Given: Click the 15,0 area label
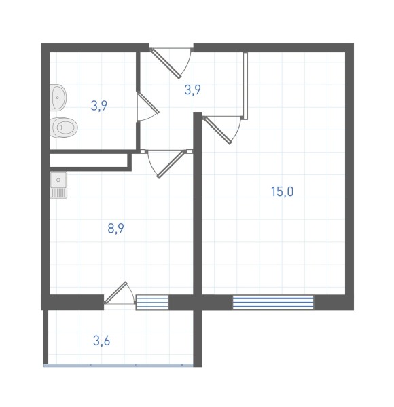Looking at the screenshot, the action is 282,191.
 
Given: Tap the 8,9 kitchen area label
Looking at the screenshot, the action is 115,229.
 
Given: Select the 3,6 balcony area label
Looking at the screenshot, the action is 102,341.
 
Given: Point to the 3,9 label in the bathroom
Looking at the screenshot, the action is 99,106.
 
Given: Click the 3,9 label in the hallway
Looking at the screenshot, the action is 192,90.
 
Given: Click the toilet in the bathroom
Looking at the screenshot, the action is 63,128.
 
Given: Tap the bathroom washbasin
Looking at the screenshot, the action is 58,98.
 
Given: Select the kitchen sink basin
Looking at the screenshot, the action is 58,180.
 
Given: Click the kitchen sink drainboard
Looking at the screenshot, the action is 58,193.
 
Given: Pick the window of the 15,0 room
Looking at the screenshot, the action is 273,303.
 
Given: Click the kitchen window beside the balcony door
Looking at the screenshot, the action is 152,303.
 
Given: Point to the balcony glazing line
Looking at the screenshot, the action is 118,365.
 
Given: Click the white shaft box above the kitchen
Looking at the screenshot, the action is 88,160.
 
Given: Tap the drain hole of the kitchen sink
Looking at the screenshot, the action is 58,180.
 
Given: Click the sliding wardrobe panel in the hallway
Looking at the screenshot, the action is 245,85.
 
